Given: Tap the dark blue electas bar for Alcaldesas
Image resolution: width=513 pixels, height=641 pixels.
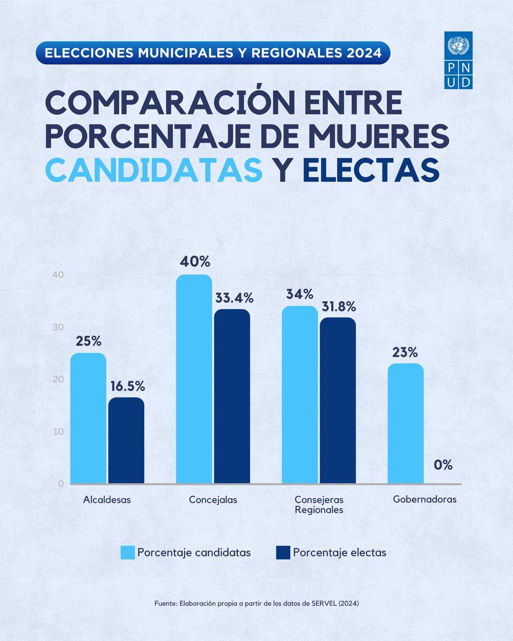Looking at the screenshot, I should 126,441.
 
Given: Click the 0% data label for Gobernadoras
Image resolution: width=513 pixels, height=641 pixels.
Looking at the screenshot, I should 443,465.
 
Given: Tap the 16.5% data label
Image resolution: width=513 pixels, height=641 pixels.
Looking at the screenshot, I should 126,386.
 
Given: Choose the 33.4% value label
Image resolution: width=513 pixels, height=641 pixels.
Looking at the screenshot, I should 232,298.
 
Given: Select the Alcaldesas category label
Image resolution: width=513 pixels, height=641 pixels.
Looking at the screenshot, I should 107,501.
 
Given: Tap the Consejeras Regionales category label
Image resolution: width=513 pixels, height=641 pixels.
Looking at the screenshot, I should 319,505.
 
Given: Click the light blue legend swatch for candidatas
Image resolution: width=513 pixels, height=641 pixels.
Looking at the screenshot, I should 128,553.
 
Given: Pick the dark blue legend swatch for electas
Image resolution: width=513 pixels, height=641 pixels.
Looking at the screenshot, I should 283,553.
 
